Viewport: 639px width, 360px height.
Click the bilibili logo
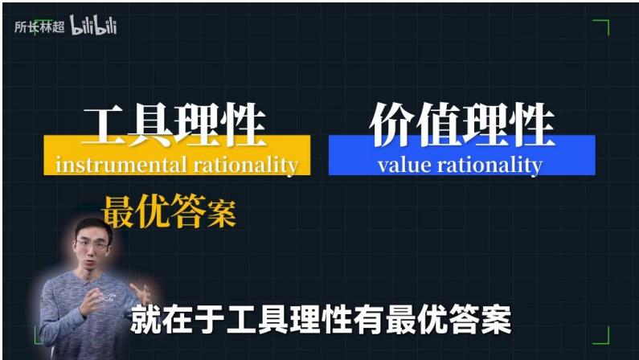pos(93,25)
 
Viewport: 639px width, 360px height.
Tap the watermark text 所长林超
pos(39,27)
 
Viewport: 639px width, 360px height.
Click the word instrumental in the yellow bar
pos(121,165)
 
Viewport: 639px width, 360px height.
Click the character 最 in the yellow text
pos(118,211)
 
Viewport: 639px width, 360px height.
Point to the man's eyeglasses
pos(92,245)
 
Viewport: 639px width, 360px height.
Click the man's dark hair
pos(94,227)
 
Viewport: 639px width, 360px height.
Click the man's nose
pos(92,250)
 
